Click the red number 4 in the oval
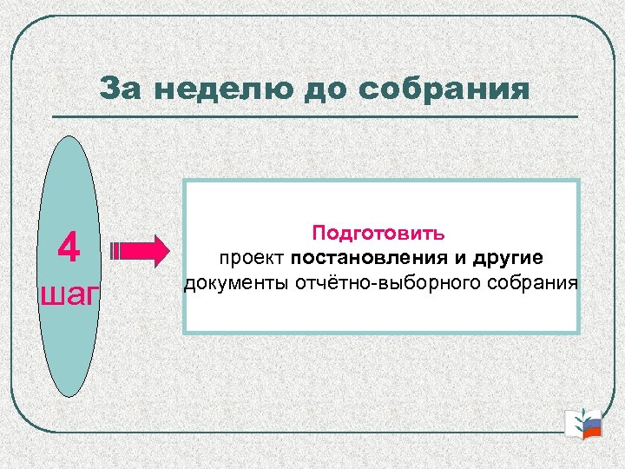(x=69, y=249)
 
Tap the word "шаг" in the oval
(x=70, y=293)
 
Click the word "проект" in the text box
(x=253, y=258)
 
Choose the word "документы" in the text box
(x=227, y=283)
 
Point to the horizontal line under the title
(x=315, y=117)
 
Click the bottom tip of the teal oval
(x=69, y=394)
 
